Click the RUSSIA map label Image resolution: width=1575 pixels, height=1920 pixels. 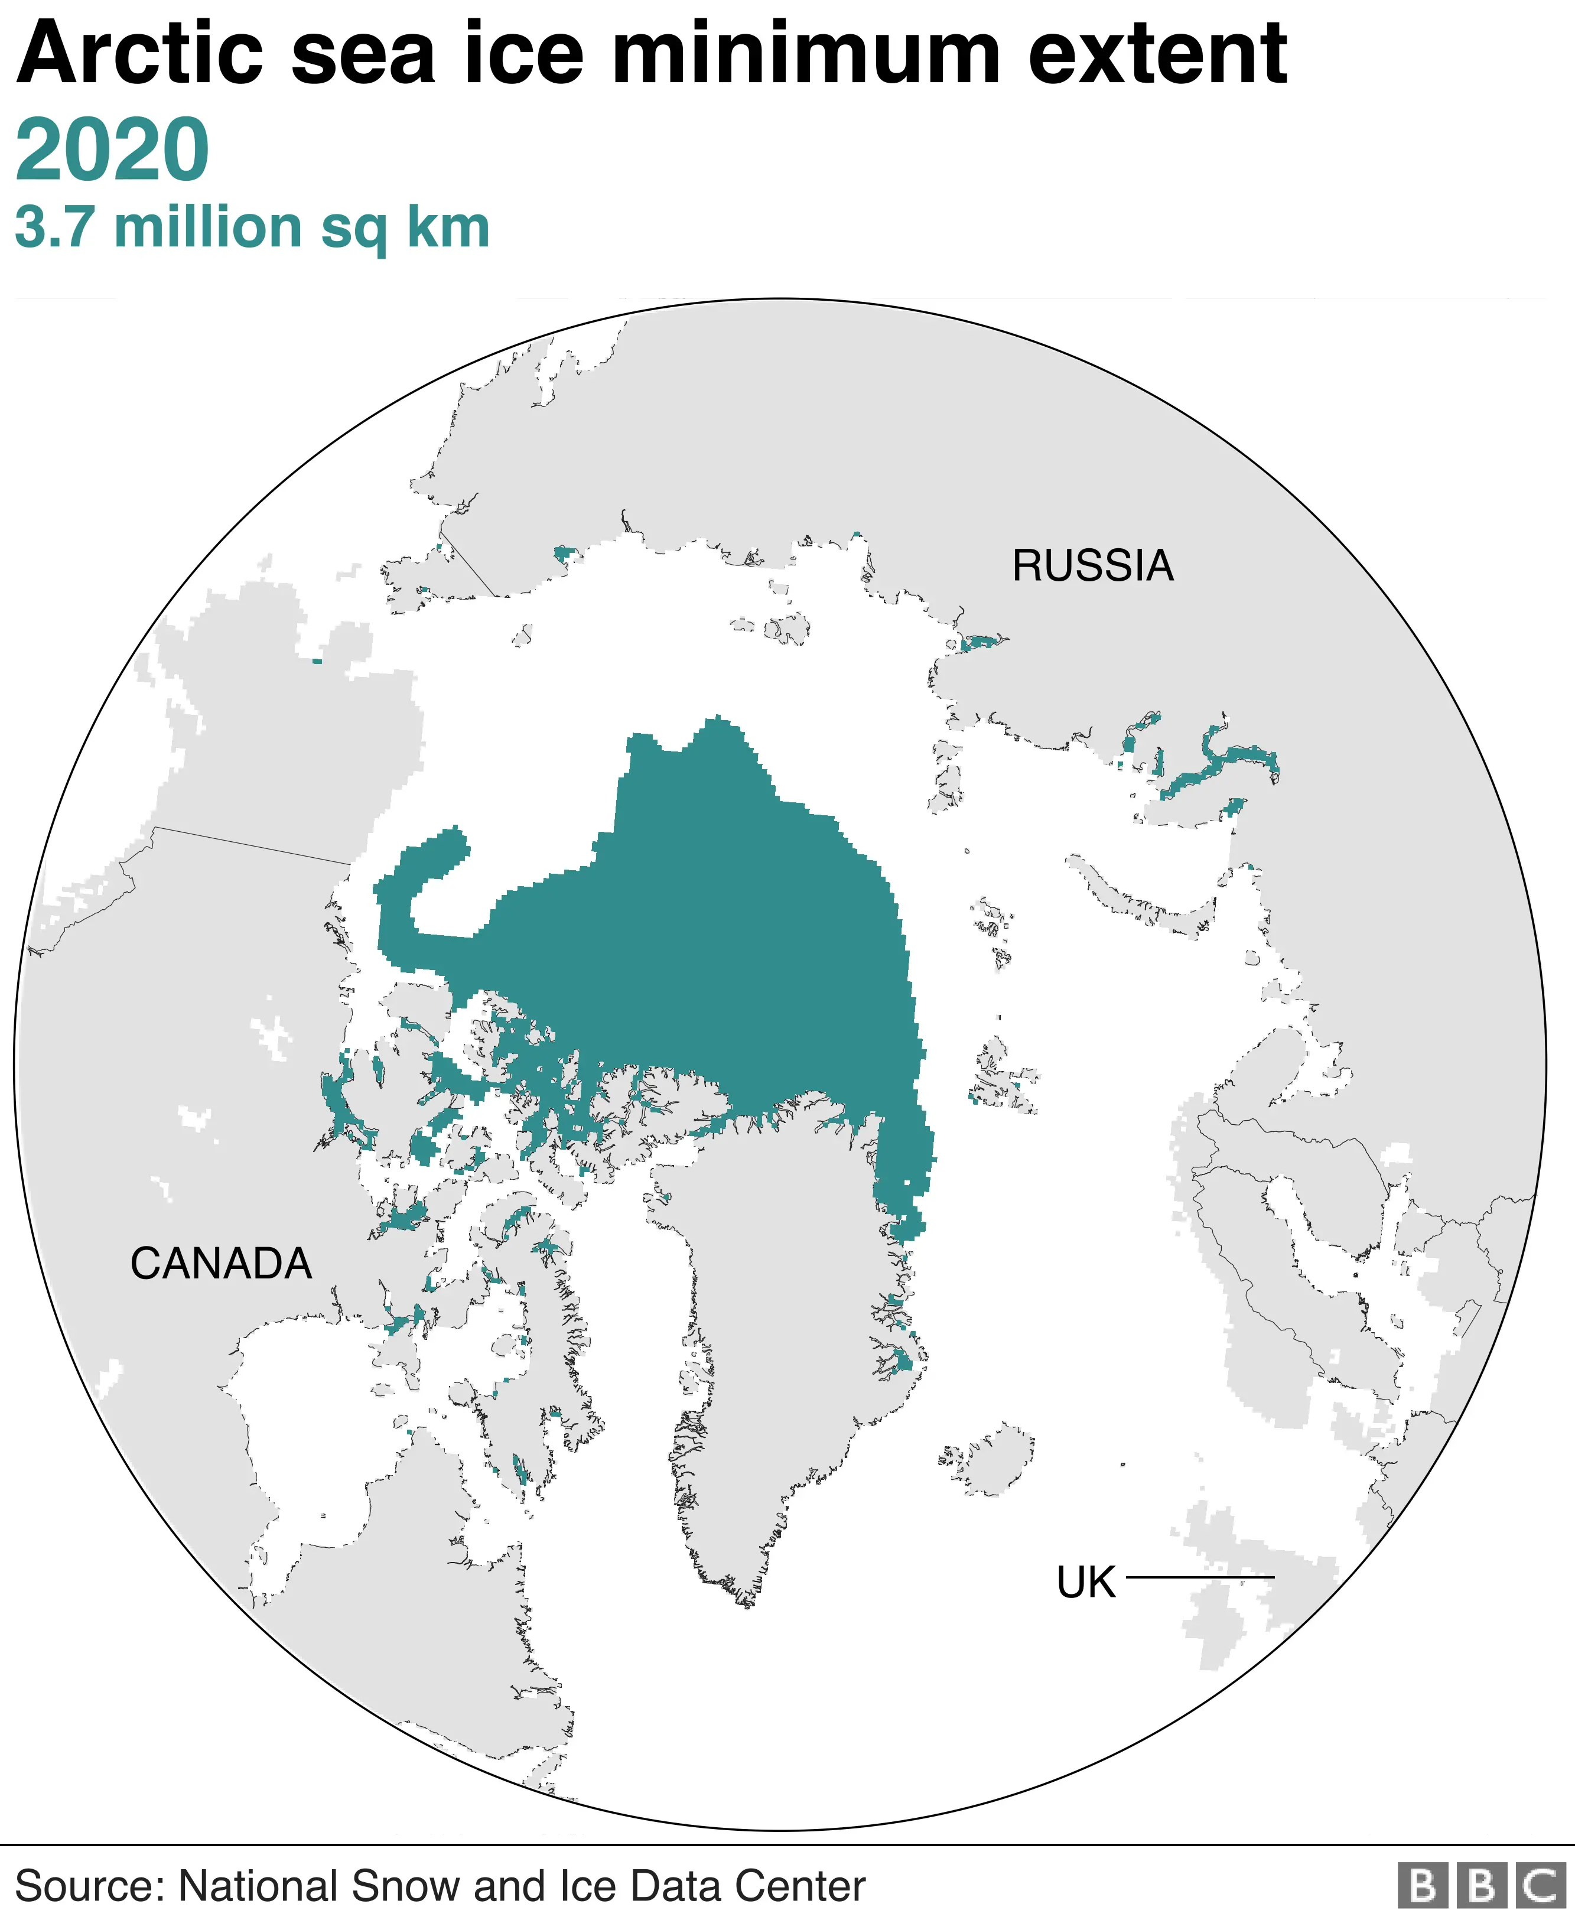click(x=1092, y=566)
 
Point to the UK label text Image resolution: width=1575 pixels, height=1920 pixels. click(x=1085, y=1583)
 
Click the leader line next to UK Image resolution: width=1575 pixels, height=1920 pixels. click(x=1199, y=1577)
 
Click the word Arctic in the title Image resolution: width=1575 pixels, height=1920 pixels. click(x=141, y=54)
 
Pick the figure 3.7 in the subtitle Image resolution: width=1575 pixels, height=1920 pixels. click(x=54, y=227)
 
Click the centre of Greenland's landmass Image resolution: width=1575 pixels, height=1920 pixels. click(x=780, y=1288)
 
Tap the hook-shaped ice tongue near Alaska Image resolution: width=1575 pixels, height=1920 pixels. click(x=427, y=871)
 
